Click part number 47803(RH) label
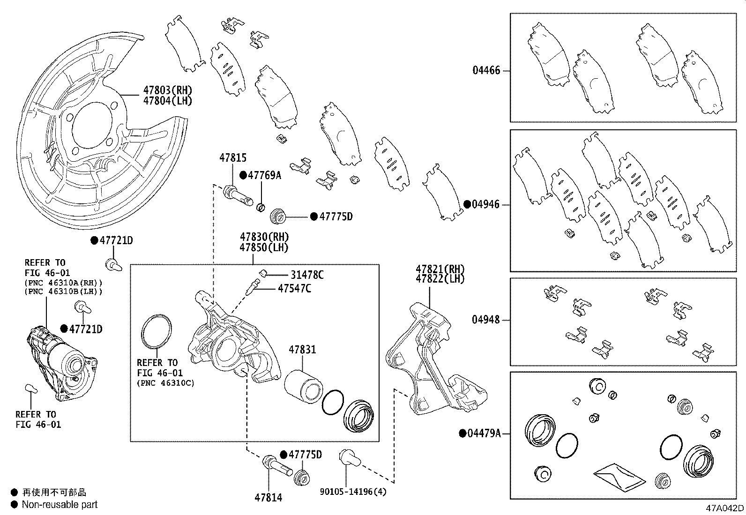[167, 90]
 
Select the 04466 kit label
[486, 71]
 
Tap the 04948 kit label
[486, 320]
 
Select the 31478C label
[307, 275]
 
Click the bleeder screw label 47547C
[294, 288]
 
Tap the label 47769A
[264, 175]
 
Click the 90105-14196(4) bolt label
[353, 492]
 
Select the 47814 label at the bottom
[269, 497]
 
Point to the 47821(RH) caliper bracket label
[440, 269]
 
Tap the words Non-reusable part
[60, 505]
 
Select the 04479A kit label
[484, 433]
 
